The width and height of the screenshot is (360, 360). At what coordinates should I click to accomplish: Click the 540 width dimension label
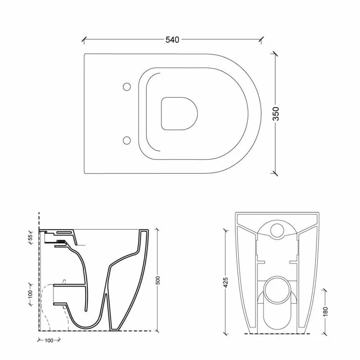[x=172, y=39]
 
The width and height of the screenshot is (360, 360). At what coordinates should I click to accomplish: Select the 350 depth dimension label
[x=276, y=114]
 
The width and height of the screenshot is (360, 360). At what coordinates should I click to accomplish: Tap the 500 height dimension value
[x=158, y=280]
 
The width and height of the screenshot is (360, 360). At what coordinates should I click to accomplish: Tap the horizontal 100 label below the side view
[x=49, y=341]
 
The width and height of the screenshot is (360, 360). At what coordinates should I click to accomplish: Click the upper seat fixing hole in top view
[x=127, y=87]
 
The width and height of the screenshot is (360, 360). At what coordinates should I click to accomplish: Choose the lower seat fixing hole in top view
[x=127, y=141]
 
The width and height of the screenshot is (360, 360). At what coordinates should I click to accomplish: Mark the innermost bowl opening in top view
[x=180, y=114]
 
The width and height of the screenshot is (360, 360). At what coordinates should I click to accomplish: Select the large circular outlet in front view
[x=276, y=291]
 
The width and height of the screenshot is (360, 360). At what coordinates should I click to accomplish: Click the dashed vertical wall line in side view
[x=39, y=273]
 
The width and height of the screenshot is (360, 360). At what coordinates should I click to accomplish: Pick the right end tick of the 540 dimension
[x=261, y=39]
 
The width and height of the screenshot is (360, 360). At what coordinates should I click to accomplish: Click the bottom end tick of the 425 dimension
[x=226, y=333]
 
